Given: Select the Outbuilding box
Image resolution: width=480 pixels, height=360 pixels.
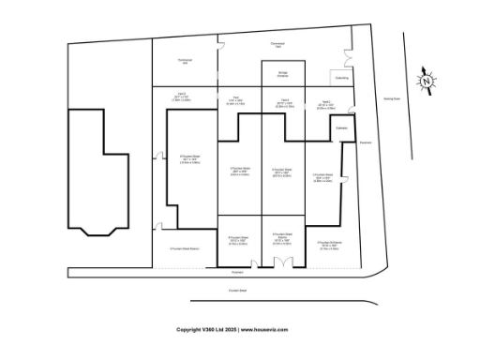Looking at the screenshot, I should coord(341,78).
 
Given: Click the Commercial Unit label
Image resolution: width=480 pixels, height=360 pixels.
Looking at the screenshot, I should coord(185,62).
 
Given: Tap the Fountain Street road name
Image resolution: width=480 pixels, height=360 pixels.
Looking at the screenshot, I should coord(236,291).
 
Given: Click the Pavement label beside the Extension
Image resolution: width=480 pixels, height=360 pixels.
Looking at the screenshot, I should coord(365,142).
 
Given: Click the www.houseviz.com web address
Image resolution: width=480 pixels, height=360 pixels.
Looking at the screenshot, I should coord(263,330).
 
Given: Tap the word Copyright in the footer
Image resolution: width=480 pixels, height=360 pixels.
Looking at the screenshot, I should coord(190,330).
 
